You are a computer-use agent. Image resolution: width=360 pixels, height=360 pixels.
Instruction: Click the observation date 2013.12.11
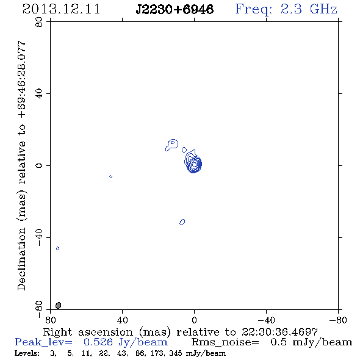pyautogui.click(x=61, y=9)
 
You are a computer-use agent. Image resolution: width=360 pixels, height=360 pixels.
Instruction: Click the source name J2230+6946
pyautogui.click(x=175, y=9)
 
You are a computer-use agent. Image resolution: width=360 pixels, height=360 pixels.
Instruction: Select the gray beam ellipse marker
pyautogui.click(x=59, y=305)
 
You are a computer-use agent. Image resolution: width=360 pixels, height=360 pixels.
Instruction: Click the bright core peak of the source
pyautogui.click(x=194, y=164)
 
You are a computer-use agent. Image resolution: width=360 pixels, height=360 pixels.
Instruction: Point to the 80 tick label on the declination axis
pyautogui.click(x=39, y=22)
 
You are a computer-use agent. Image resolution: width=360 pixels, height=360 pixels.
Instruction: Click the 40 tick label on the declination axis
pyautogui.click(x=39, y=94)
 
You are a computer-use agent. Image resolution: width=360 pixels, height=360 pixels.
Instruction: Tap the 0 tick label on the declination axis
pyautogui.click(x=39, y=165)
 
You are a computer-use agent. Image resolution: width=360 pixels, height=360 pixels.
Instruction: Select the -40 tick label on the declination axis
pyautogui.click(x=39, y=237)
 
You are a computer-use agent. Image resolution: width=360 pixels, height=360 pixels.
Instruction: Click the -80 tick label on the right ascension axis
pyautogui.click(x=338, y=320)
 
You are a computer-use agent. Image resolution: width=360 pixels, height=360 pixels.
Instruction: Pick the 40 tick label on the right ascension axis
pyautogui.click(x=122, y=320)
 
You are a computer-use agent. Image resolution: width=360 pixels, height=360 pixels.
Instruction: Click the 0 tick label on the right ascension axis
pyautogui.click(x=194, y=320)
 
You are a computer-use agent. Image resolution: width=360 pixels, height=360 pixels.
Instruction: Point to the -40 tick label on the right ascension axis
pyautogui.click(x=266, y=320)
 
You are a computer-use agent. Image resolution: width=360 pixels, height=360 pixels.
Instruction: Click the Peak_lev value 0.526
pyautogui.click(x=98, y=342)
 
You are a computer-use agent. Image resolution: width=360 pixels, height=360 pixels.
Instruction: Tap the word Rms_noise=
pyautogui.click(x=225, y=342)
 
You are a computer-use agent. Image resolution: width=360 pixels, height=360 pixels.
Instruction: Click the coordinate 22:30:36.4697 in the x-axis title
pyautogui.click(x=279, y=332)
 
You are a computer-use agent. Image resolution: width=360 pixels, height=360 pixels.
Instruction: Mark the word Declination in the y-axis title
pyautogui.click(x=21, y=259)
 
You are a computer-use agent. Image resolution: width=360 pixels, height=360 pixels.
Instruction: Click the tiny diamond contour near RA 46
pyautogui.click(x=110, y=176)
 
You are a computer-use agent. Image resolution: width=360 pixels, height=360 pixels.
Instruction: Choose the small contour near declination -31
pyautogui.click(x=182, y=222)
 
